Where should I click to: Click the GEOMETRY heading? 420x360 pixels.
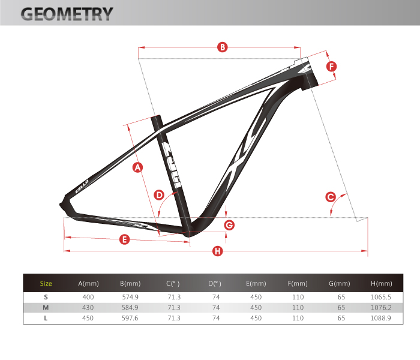pyautogui.click(x=67, y=14)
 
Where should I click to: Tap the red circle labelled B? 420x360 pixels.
pyautogui.click(x=223, y=47)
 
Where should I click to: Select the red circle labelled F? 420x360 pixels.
pyautogui.click(x=331, y=67)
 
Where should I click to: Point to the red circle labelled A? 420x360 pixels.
pyautogui.click(x=137, y=167)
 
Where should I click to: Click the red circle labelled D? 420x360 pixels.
pyautogui.click(x=159, y=195)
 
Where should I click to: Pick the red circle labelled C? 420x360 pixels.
pyautogui.click(x=331, y=197)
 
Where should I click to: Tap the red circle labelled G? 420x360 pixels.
pyautogui.click(x=229, y=225)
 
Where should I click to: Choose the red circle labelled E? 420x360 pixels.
pyautogui.click(x=124, y=239)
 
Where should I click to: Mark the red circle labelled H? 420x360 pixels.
pyautogui.click(x=217, y=251)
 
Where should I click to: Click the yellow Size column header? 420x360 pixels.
pyautogui.click(x=46, y=283)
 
